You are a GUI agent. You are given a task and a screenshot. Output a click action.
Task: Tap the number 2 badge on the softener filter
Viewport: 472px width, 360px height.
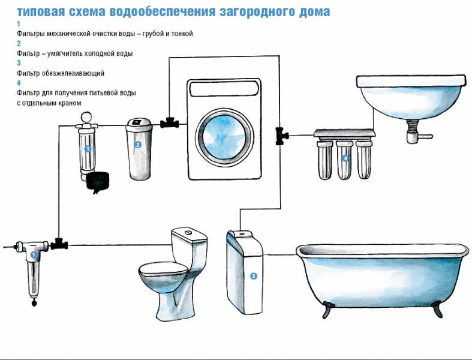pyautogui.click(x=138, y=145)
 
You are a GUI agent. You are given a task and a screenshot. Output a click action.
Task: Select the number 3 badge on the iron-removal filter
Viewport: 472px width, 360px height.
pyautogui.click(x=253, y=276)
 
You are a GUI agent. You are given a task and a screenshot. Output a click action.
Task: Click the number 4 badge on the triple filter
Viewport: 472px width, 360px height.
pyautogui.click(x=345, y=158)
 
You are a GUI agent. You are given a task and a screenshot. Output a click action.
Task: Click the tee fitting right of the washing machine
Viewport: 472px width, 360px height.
pyautogui.click(x=279, y=135)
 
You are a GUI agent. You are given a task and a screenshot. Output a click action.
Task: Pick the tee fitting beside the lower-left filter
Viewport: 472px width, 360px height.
pyautogui.click(x=59, y=244)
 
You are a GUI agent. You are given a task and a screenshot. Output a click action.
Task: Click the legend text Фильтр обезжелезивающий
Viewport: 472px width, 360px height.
pyautogui.click(x=61, y=73)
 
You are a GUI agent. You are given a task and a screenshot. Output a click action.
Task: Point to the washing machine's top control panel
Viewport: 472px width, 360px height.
pyautogui.click(x=224, y=89)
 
